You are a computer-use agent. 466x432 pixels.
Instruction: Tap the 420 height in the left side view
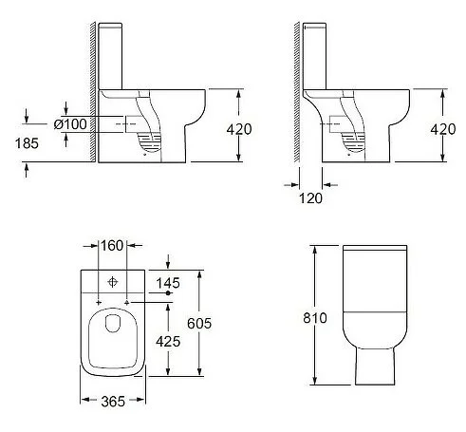click(239, 129)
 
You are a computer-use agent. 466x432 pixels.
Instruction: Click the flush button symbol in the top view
click(113, 281)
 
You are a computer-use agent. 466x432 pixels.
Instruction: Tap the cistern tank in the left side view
click(117, 52)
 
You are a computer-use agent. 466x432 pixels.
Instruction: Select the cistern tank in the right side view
click(323, 52)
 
